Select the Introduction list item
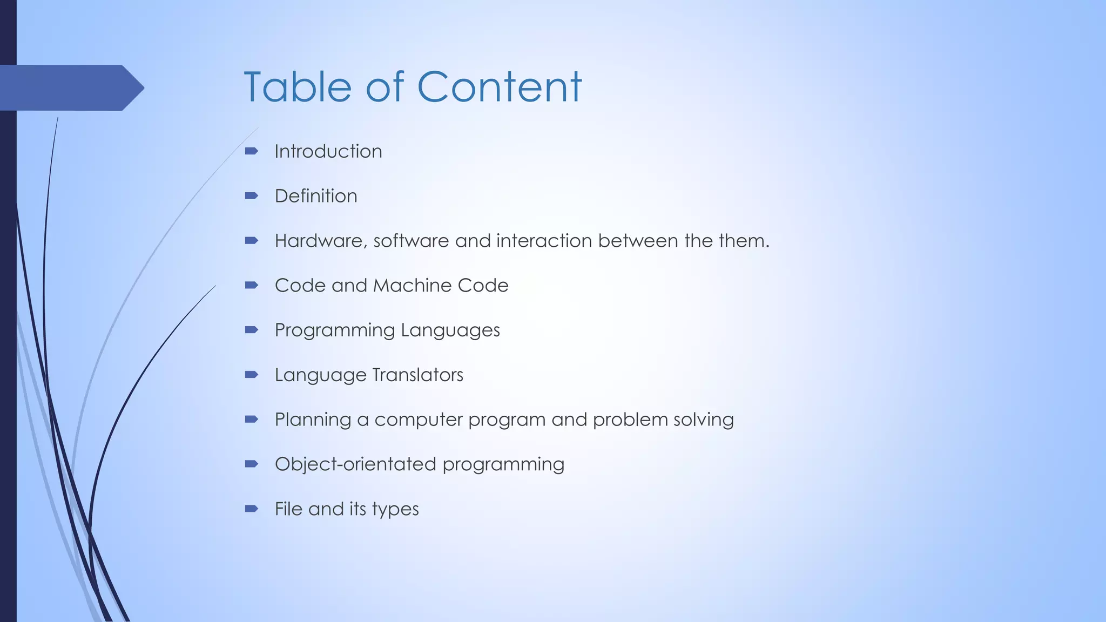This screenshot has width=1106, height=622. pos(328,152)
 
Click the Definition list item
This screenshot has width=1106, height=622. pos(316,196)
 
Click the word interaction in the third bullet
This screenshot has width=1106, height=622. pos(544,241)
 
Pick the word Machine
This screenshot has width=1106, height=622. pos(413,286)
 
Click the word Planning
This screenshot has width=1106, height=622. pos(313,420)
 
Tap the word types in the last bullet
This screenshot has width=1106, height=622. pos(395,510)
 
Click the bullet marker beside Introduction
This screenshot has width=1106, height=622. pos(251,151)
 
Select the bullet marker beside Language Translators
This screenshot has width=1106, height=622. pos(251,374)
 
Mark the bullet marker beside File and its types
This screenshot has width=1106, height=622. pos(251,508)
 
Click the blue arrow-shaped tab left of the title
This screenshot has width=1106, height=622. pos(70,87)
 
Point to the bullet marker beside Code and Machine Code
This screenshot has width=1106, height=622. pos(251,285)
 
